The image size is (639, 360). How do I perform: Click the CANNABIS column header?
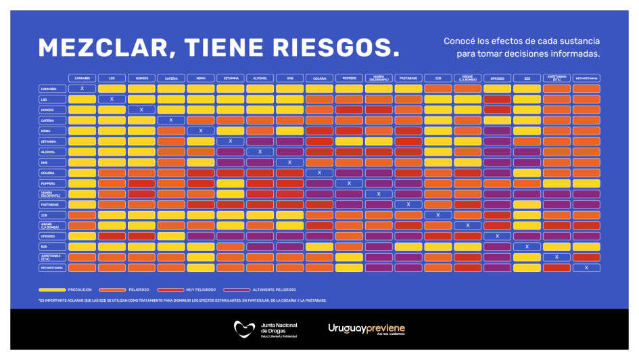tap(82, 78)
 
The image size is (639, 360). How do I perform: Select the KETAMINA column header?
tap(231, 78)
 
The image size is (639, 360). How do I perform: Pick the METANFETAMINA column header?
tap(586, 78)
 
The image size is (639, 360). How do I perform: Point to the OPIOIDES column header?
tap(497, 78)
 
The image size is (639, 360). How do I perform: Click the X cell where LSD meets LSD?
tap(112, 99)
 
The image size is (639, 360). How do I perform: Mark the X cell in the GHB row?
tap(289, 162)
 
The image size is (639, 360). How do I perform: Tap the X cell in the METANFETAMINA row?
tap(586, 268)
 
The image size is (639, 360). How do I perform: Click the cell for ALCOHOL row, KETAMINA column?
tap(231, 152)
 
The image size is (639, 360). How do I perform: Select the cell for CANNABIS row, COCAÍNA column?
tap(319, 89)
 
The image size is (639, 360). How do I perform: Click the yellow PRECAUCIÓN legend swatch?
tap(52, 290)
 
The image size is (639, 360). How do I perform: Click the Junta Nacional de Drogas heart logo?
tap(244, 329)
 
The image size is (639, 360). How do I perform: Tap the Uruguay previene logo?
tap(366, 329)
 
